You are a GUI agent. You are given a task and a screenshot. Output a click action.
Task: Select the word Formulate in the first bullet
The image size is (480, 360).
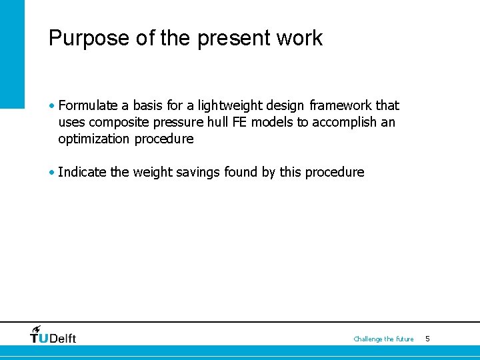(x=88, y=105)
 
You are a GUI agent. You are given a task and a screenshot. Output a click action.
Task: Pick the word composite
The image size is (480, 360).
(x=115, y=122)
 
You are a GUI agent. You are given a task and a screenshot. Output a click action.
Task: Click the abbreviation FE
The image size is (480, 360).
(x=240, y=122)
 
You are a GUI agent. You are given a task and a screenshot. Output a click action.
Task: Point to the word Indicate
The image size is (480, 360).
(x=83, y=172)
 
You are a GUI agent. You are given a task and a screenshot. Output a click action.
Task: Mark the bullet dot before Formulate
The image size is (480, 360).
(x=52, y=105)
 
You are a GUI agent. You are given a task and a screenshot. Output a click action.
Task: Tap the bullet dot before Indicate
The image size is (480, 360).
(x=52, y=172)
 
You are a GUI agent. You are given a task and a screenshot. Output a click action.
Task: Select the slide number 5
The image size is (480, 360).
(x=427, y=339)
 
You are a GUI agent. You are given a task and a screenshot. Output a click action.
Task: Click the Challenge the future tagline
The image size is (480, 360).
(x=383, y=339)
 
